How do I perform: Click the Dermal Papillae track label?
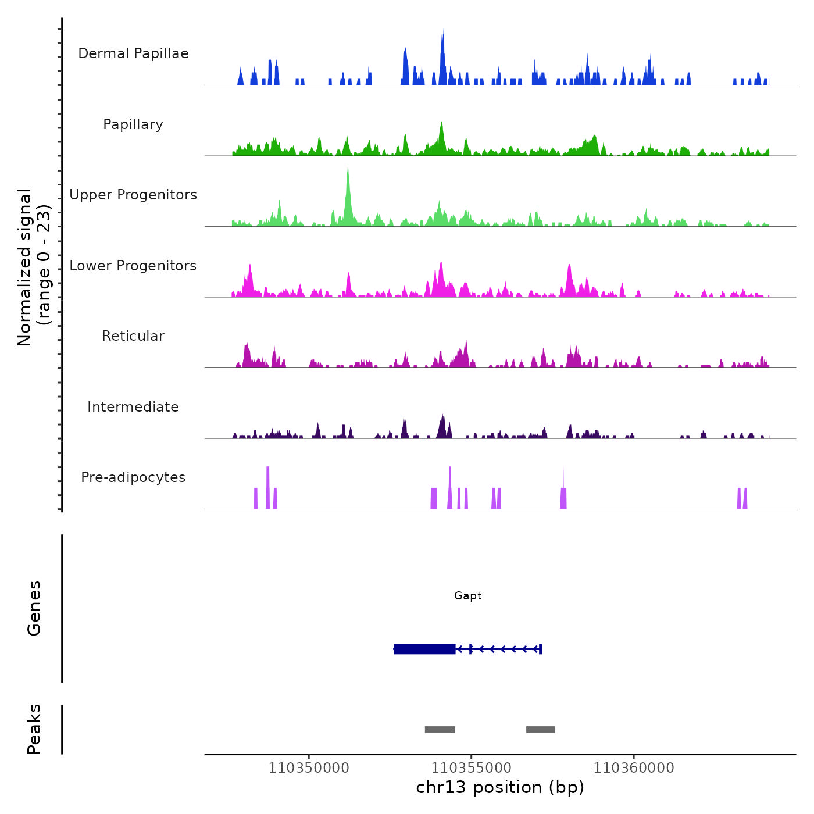click(133, 53)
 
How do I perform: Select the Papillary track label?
click(133, 124)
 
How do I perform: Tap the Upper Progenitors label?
click(133, 195)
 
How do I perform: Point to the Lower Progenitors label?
click(133, 266)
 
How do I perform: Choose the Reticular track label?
click(133, 336)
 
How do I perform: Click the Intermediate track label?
click(133, 407)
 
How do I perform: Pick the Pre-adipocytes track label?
click(133, 477)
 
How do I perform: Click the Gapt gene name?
click(468, 596)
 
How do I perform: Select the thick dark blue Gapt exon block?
click(424, 649)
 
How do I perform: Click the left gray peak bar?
click(440, 730)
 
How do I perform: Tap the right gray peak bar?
click(541, 730)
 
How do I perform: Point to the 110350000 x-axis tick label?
click(309, 768)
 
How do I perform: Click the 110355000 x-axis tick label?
click(472, 768)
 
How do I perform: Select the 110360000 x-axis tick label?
click(634, 768)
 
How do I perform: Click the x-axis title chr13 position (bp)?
click(500, 787)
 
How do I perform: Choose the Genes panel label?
click(34, 608)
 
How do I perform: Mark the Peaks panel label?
click(34, 729)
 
